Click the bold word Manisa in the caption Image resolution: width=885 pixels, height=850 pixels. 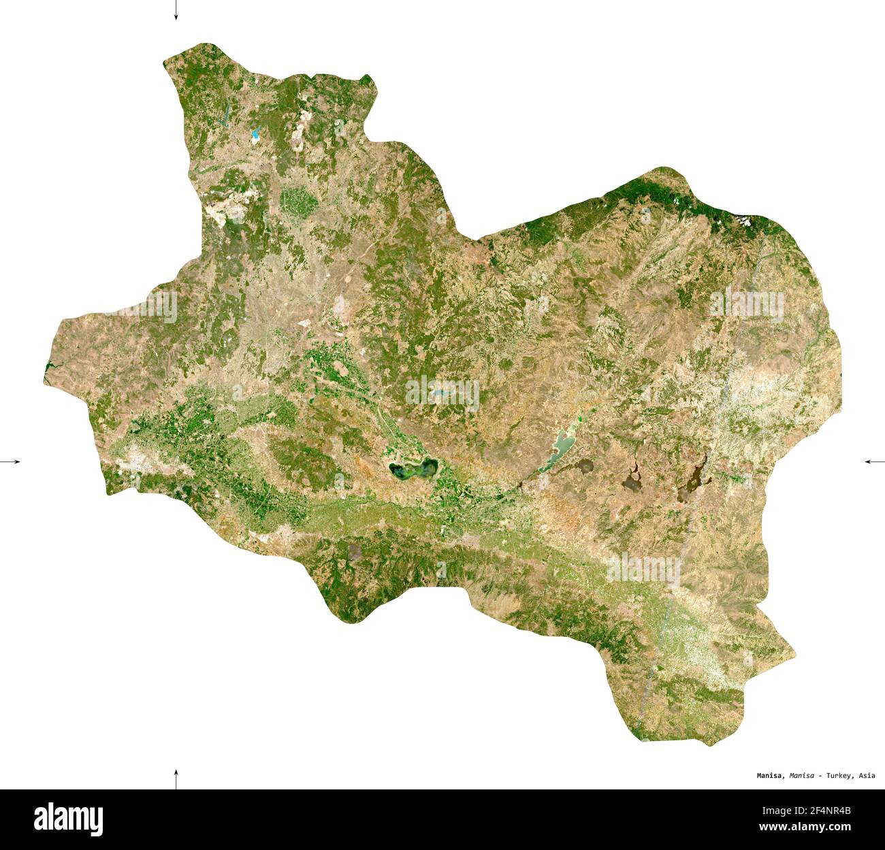pos(771,775)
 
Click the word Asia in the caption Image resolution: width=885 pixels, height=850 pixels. pos(867,775)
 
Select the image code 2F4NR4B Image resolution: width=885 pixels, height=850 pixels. pos(826,810)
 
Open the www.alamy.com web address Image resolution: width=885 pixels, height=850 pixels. pos(805,827)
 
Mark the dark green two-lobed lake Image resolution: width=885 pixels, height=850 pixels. pos(413,470)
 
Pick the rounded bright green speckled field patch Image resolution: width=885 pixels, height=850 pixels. pos(298,199)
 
